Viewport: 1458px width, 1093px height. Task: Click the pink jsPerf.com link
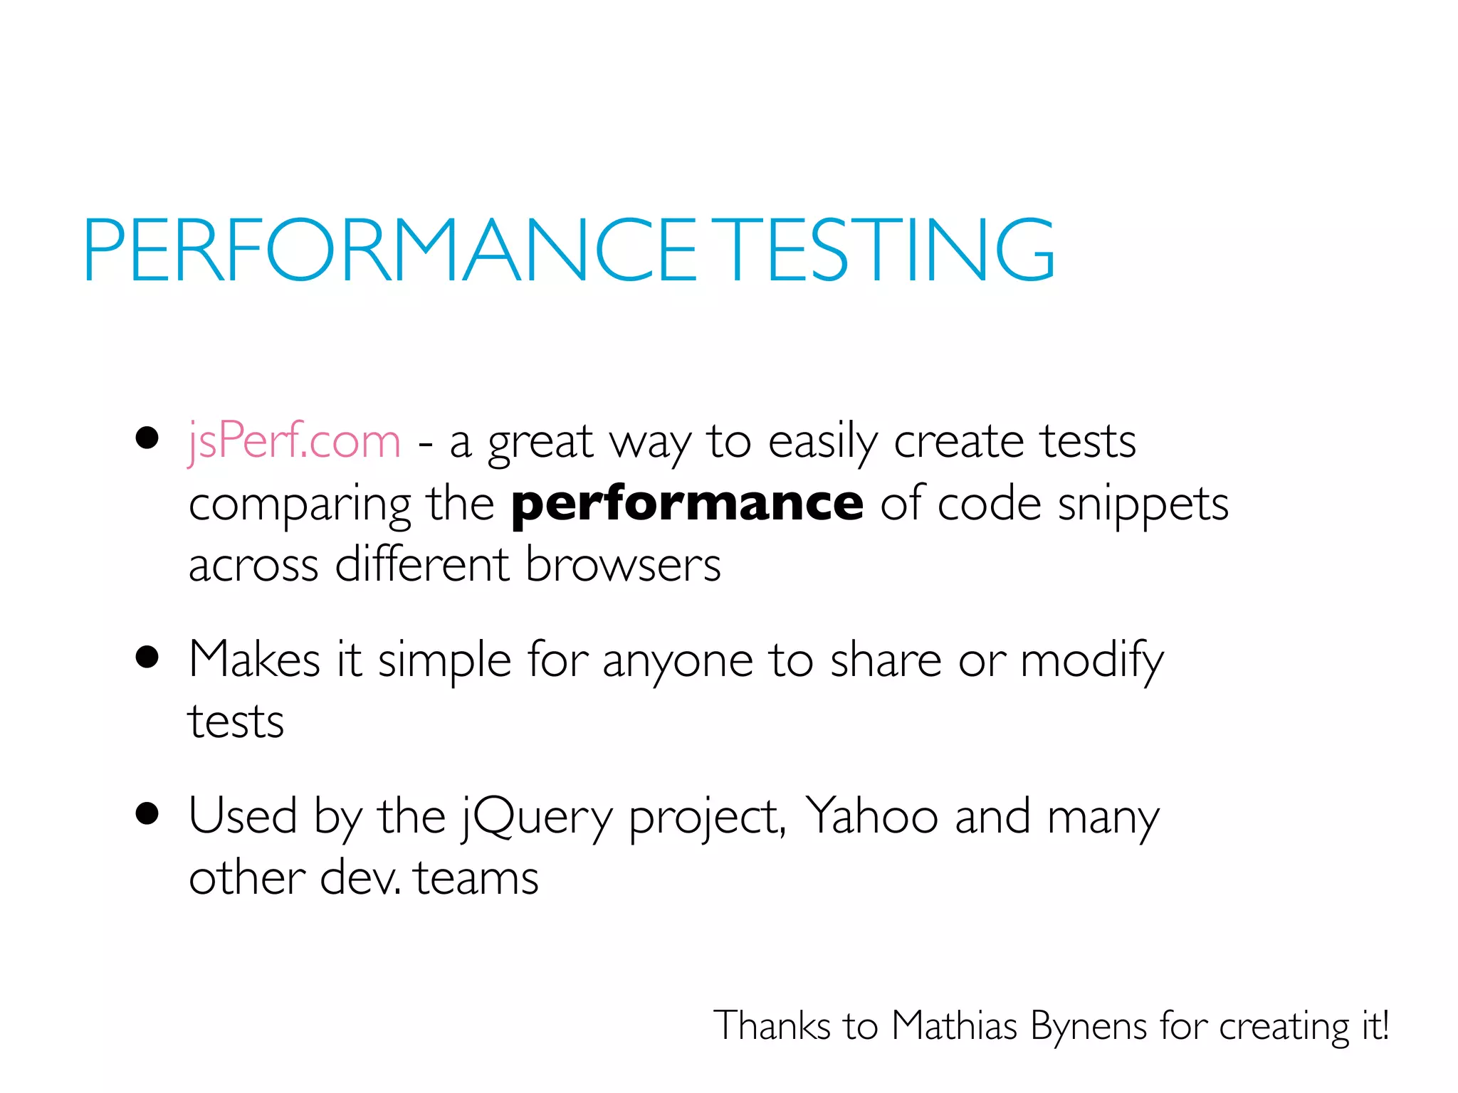(294, 441)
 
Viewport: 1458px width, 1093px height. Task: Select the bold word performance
(687, 504)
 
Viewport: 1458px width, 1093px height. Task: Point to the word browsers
(623, 566)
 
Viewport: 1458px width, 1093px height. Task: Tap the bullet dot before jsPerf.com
(147, 438)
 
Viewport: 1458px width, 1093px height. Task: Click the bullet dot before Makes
(147, 658)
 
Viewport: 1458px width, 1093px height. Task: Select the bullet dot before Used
(147, 813)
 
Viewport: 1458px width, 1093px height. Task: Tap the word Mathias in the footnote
(954, 1026)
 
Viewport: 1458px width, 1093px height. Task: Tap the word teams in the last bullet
(476, 878)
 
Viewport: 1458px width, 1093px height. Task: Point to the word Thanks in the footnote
(772, 1026)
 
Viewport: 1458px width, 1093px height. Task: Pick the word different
(421, 566)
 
